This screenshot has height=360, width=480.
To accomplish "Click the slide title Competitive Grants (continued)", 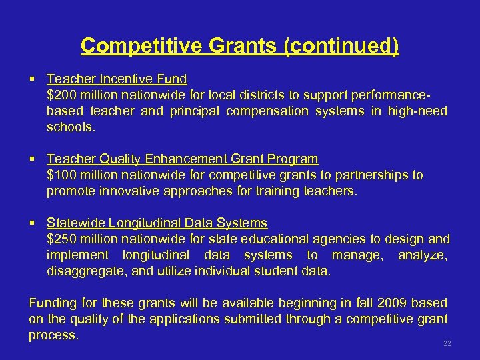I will tap(240, 46).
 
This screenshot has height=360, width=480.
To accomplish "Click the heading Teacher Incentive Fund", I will tap(117, 79).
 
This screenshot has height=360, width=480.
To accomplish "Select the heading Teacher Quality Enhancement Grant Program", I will tap(182, 159).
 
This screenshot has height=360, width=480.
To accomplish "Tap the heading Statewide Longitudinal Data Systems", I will tap(157, 223).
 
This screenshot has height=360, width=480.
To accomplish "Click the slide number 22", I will tap(447, 343).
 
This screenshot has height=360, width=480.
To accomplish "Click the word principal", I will tap(197, 111).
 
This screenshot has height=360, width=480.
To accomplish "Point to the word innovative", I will tap(127, 191).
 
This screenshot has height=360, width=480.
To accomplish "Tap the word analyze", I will tap(423, 255).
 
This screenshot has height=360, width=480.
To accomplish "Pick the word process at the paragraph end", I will tap(53, 335).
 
